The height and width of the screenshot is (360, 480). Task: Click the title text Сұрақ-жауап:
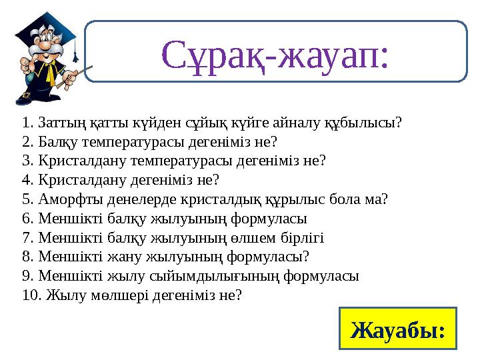[275, 54]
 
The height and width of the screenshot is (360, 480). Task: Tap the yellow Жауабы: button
[398, 329]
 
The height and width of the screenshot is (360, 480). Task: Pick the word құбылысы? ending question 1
[362, 123]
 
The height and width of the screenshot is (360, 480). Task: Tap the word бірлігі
[302, 238]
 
